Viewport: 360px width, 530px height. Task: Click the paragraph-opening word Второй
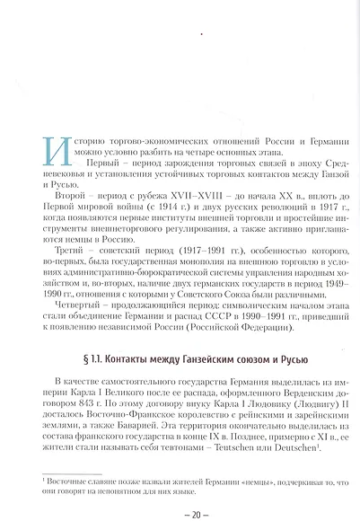72,193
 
